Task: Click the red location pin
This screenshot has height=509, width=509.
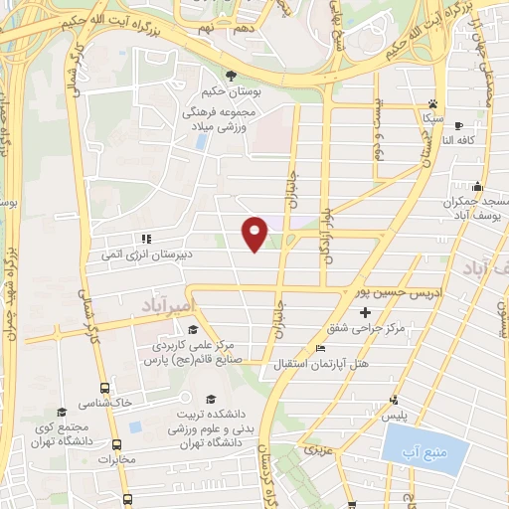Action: point(255,232)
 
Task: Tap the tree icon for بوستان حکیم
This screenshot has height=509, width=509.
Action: point(231,76)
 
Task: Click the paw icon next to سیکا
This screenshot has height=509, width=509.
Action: point(432,103)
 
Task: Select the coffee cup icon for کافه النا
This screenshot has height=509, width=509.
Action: point(458,126)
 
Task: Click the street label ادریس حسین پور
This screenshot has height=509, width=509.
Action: point(403,293)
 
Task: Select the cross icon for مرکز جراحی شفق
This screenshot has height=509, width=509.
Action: point(365,312)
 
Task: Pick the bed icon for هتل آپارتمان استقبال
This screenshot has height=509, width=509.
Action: point(319,349)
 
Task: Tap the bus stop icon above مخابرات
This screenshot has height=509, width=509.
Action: point(117,445)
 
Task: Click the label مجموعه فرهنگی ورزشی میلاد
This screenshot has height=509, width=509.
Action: point(234,121)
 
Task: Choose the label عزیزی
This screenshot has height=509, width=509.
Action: point(315,451)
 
